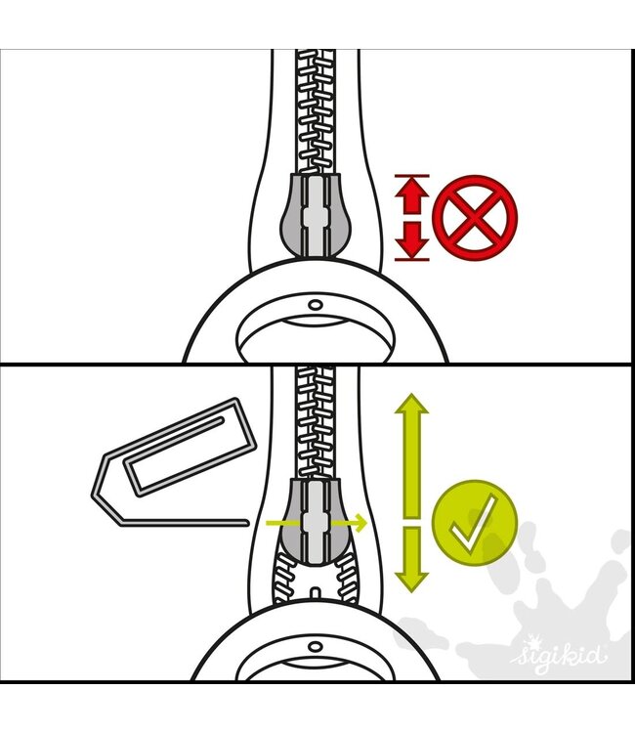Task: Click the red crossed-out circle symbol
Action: [x=475, y=217]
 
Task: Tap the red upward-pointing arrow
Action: [x=411, y=195]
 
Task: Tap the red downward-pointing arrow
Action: [x=411, y=239]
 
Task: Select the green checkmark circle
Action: [x=475, y=523]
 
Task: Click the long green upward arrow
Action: [x=411, y=456]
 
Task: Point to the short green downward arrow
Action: [x=411, y=560]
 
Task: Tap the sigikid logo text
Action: [x=560, y=656]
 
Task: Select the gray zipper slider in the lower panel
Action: [x=316, y=520]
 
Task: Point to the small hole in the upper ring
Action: [x=316, y=305]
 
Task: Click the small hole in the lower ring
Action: [x=316, y=647]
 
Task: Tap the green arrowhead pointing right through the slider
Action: [x=360, y=522]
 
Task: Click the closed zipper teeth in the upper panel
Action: [x=316, y=112]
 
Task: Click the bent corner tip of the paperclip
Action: [x=94, y=494]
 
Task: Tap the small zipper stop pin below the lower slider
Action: [x=316, y=593]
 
